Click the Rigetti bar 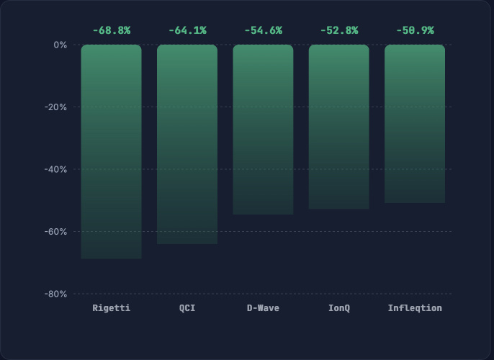click(111, 151)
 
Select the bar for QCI click(187, 144)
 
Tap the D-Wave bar click(263, 130)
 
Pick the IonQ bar click(339, 127)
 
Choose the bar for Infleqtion click(415, 124)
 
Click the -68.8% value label click(112, 30)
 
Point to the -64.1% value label click(187, 30)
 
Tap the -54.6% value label click(264, 30)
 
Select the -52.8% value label click(339, 30)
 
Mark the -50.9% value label click(416, 30)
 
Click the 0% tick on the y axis click(60, 45)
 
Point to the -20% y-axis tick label click(55, 107)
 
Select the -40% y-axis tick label click(55, 170)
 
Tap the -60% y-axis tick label click(55, 232)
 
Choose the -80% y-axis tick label click(55, 294)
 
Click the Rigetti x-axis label click(111, 307)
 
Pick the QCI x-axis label click(187, 307)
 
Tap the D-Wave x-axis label click(263, 307)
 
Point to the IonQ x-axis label click(339, 307)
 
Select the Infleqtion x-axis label click(415, 308)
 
